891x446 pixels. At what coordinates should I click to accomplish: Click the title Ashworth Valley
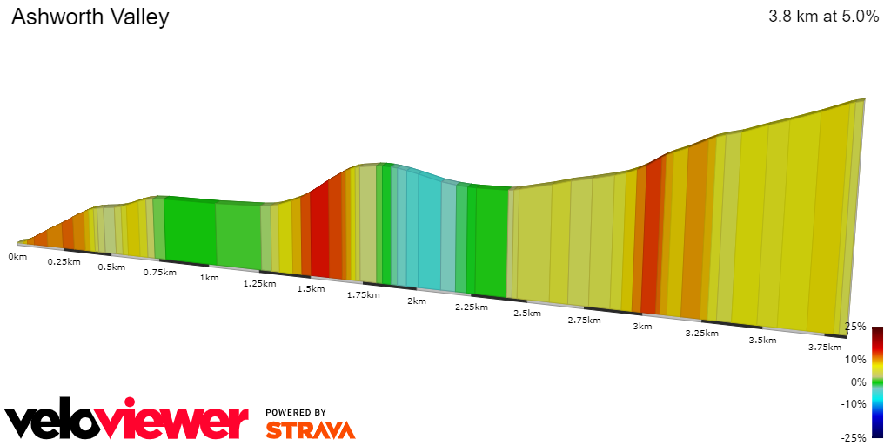[90, 17]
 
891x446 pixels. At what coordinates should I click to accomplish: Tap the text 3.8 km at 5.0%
[823, 17]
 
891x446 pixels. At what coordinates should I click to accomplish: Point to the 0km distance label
[17, 257]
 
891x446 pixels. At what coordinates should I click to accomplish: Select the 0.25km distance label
[64, 261]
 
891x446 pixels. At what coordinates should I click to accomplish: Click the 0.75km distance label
[159, 273]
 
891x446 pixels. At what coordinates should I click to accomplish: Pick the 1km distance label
[209, 278]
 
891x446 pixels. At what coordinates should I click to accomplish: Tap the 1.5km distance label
[311, 289]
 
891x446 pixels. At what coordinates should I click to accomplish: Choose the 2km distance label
[416, 301]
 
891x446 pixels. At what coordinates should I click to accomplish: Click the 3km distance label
[642, 326]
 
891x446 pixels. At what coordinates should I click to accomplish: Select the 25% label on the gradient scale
[856, 327]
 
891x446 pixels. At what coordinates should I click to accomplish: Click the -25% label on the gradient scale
[854, 437]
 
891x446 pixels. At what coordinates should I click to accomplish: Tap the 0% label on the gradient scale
[859, 382]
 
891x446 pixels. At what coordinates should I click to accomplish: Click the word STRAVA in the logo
[310, 429]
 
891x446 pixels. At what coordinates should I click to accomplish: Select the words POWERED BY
[296, 412]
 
